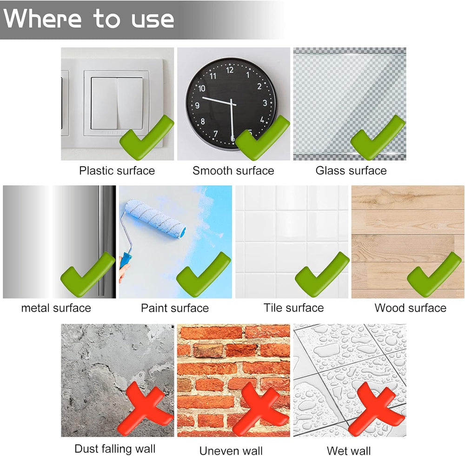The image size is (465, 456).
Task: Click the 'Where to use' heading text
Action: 88,19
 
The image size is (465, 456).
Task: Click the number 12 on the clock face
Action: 230,70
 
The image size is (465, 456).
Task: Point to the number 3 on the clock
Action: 265,103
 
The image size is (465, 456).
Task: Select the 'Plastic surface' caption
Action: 117,171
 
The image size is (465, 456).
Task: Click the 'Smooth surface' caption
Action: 233,171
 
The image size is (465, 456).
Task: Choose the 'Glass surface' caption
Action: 351,171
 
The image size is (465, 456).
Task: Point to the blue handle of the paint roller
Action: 126,260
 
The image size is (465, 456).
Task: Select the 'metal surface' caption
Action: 56,308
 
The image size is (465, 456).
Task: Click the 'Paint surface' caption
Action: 175,308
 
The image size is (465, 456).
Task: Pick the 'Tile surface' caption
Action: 293,308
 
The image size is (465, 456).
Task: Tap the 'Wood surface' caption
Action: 411,308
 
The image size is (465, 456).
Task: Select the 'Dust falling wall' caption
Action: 115,449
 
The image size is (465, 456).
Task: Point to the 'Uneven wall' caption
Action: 231,451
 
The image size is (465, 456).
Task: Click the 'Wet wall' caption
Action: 349,451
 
